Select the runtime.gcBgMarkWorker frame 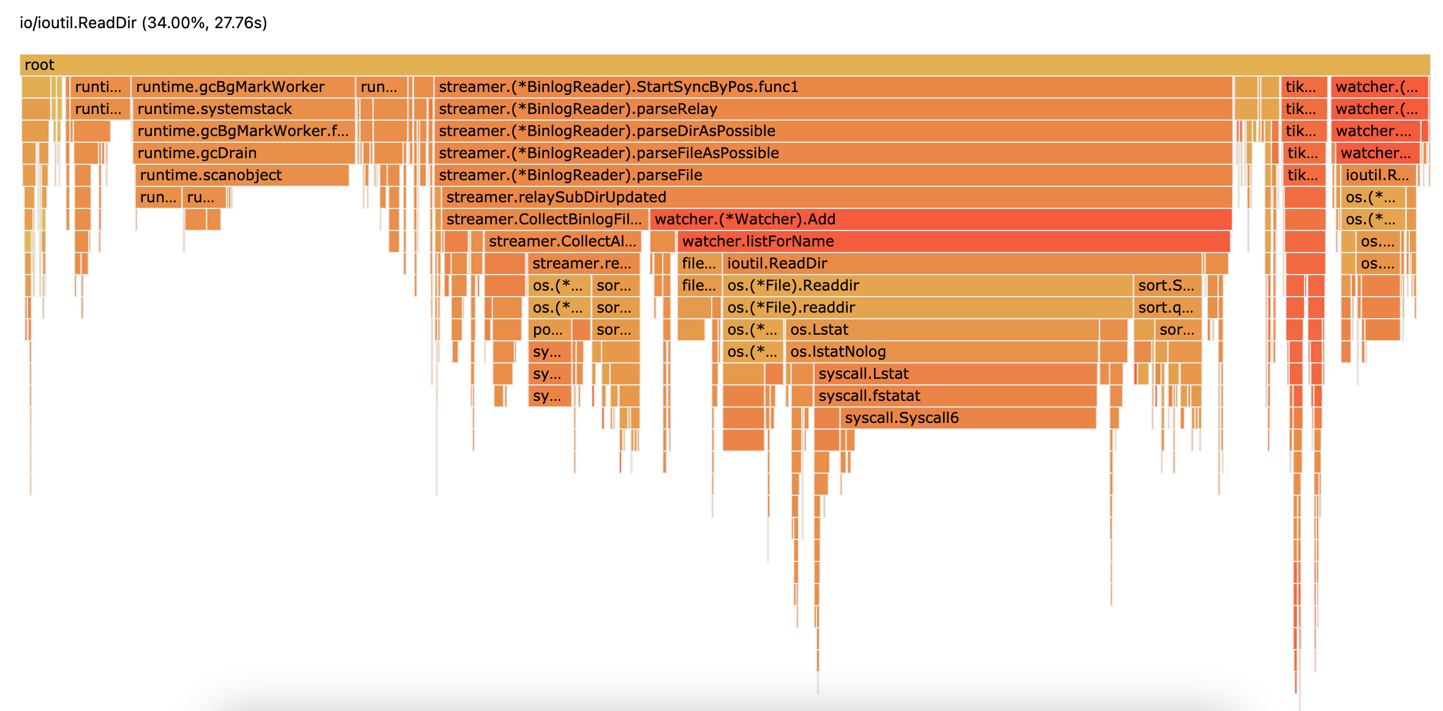[243, 87]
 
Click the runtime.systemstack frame [243, 109]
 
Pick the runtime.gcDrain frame [243, 153]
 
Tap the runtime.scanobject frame [242, 175]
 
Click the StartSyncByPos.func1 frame [833, 87]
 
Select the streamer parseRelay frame [833, 109]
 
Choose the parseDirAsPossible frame [833, 131]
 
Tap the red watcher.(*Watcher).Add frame [940, 219]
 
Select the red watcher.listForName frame [953, 241]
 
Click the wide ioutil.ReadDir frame [962, 264]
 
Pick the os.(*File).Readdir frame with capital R [927, 286]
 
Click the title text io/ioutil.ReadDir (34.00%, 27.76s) [143, 23]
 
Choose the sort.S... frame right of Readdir [1167, 286]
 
